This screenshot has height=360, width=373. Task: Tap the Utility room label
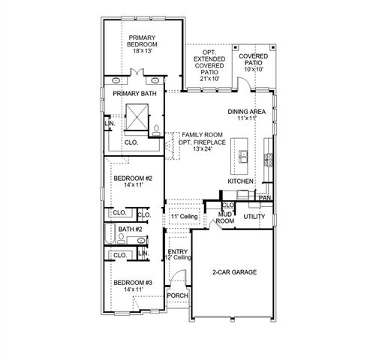point(255,217)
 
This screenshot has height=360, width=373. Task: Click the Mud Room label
point(226,218)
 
